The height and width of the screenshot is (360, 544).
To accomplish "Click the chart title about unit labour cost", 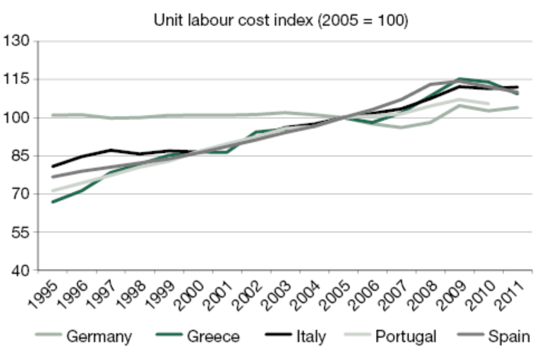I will pos(281,21).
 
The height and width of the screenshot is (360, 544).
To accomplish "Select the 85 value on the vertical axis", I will pos(20,156).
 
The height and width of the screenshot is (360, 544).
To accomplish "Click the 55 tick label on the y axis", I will pos(20,232).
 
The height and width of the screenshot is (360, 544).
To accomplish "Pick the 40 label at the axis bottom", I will pos(20,271).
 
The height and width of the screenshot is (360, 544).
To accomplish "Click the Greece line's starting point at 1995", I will pos(53,202).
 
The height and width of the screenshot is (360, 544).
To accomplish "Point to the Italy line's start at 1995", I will pos(53,166).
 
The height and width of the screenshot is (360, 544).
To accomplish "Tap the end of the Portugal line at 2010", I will pos(489,103).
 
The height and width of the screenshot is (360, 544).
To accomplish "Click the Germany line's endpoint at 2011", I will pos(518,107).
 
